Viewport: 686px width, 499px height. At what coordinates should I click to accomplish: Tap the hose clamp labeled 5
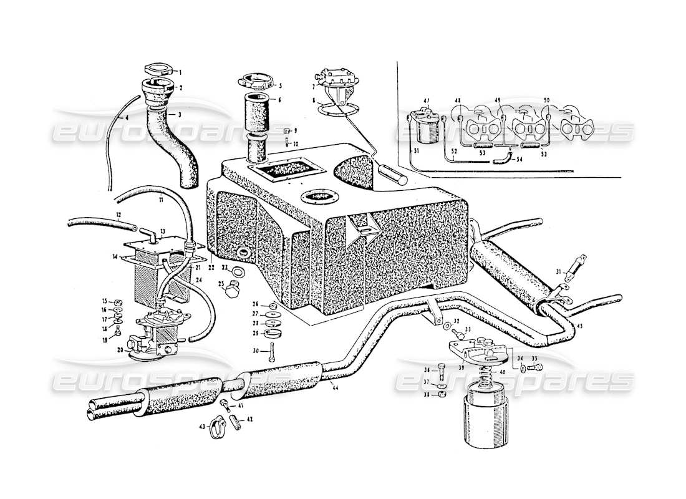[x=255, y=83]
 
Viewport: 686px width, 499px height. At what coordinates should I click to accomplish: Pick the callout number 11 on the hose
[x=161, y=200]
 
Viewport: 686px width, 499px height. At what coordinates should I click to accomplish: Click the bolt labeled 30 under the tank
[x=273, y=356]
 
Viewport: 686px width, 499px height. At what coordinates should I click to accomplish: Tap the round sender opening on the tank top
[x=317, y=196]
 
